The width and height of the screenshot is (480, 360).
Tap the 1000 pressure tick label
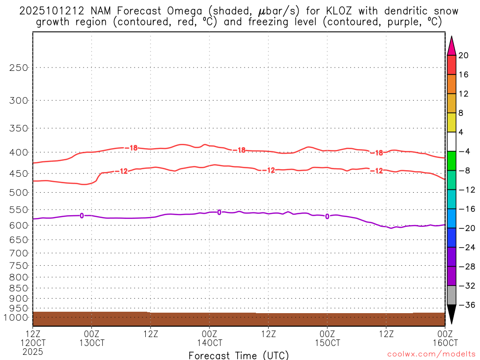coord(16,318)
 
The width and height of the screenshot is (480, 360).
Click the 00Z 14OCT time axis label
coord(209,338)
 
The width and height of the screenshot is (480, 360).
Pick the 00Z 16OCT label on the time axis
coord(444,338)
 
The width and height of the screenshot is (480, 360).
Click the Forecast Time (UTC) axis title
coord(239,355)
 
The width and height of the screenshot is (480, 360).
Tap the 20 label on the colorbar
coord(464,55)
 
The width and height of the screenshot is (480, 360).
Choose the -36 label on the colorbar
coord(465,305)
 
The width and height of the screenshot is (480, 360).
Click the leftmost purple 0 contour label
coord(82,216)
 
